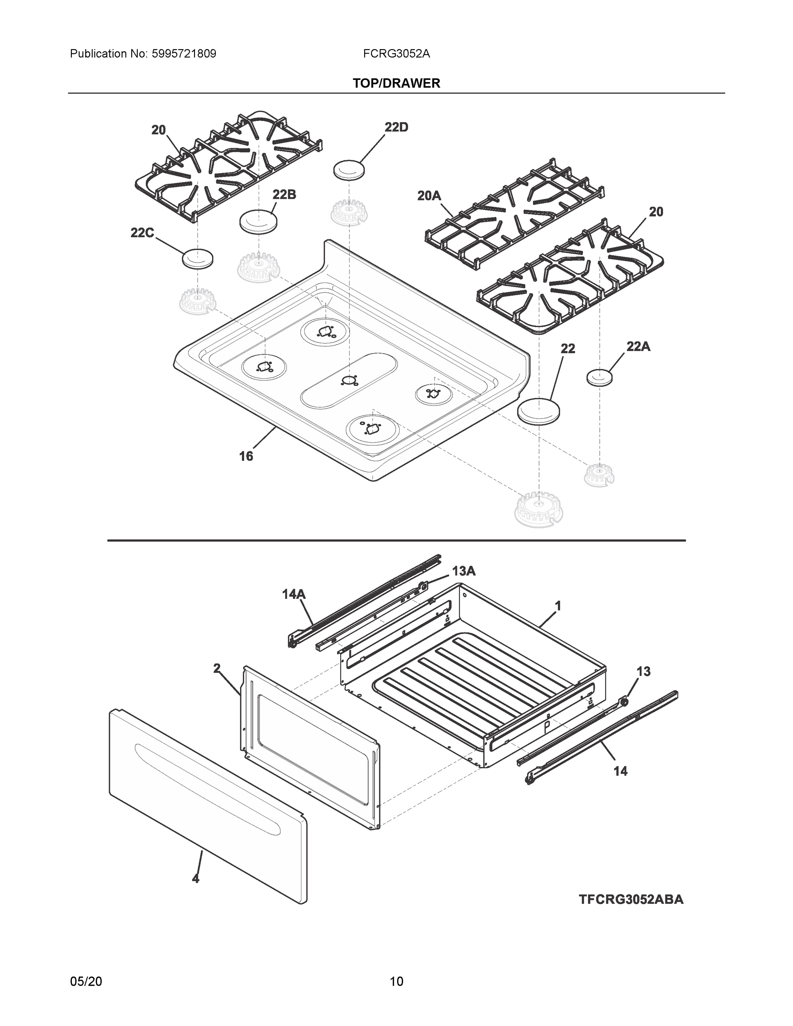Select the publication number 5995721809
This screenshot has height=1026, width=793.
pyautogui.click(x=184, y=54)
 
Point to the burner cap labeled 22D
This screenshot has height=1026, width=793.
pyautogui.click(x=349, y=170)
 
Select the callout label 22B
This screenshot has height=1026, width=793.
pyautogui.click(x=284, y=195)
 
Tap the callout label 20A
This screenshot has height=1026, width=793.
pyautogui.click(x=428, y=195)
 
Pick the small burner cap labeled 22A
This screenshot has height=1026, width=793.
pyautogui.click(x=599, y=377)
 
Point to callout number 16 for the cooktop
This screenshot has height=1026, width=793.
pyautogui.click(x=246, y=456)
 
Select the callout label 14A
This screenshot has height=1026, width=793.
pyautogui.click(x=293, y=594)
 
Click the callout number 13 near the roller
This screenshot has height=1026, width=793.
pyautogui.click(x=643, y=671)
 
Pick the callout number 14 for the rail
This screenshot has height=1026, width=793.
pyautogui.click(x=620, y=771)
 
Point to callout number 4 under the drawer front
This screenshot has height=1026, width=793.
pyautogui.click(x=195, y=879)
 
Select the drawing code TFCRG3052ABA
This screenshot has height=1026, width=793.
pyautogui.click(x=631, y=899)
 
